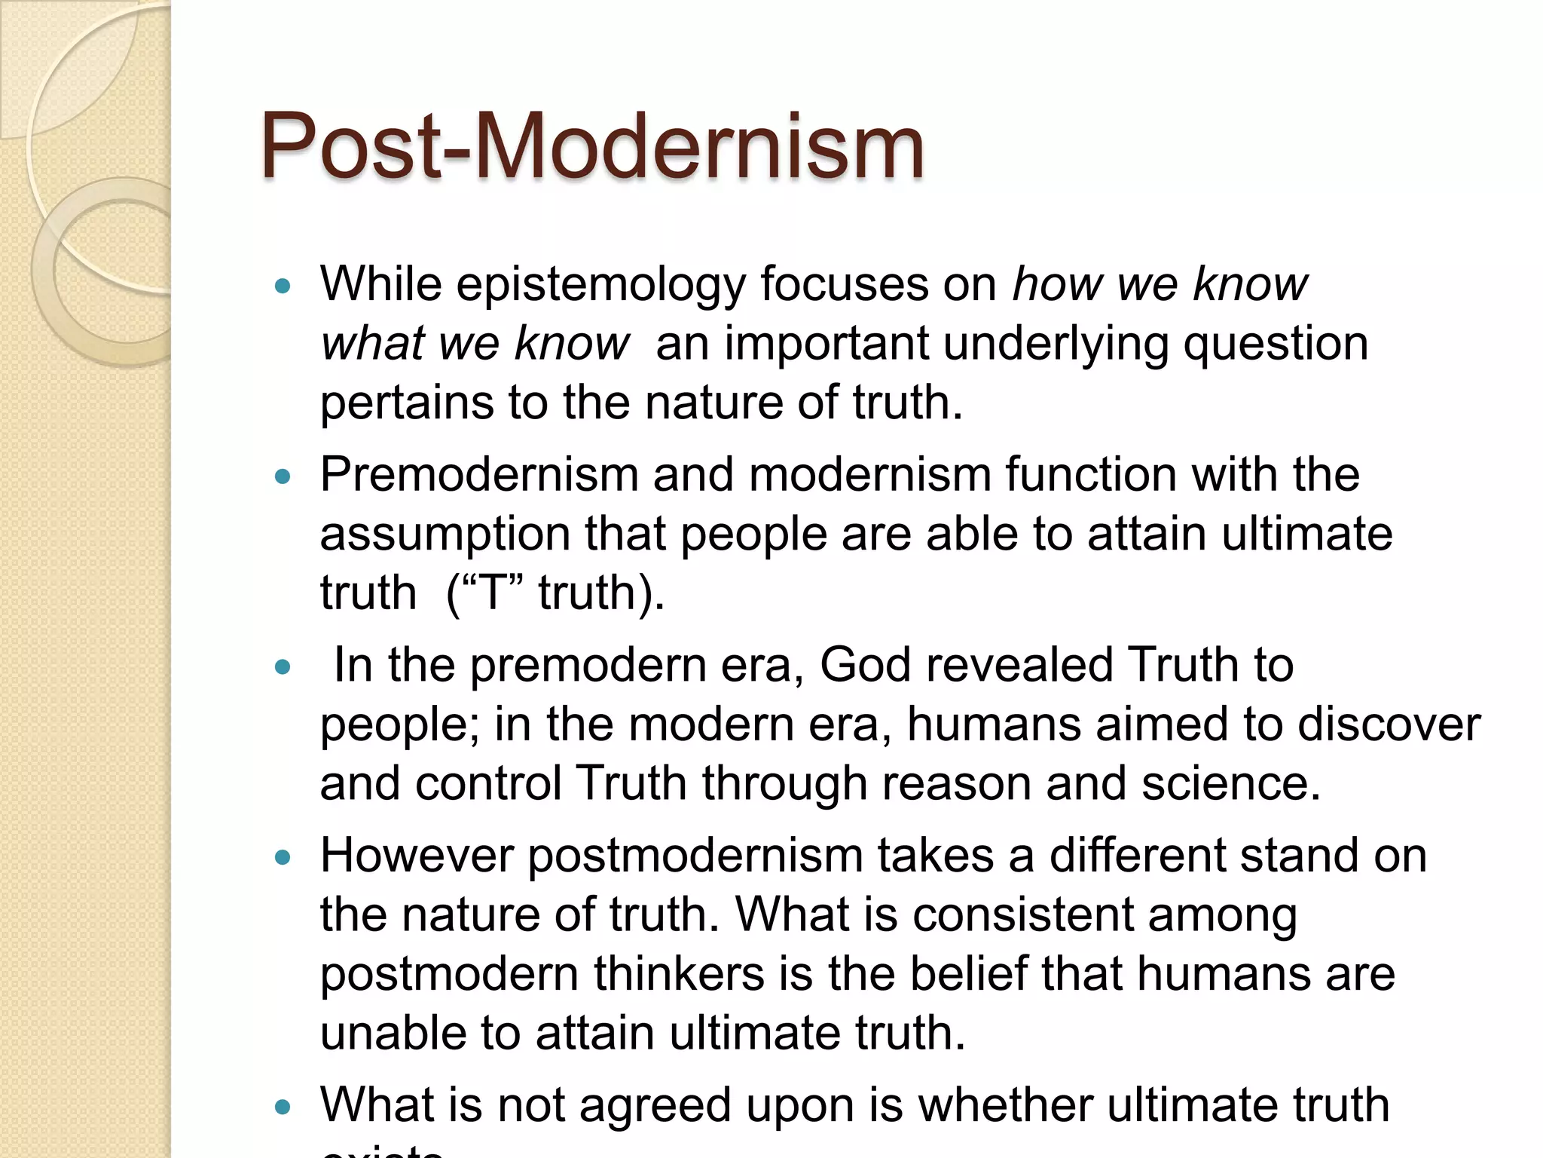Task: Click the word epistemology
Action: point(600,285)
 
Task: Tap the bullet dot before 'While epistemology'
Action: point(283,286)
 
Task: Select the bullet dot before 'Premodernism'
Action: point(283,476)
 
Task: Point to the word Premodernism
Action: point(478,475)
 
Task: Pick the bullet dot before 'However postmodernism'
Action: point(283,857)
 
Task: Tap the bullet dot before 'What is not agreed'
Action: point(283,1107)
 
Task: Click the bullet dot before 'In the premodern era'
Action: point(283,666)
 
